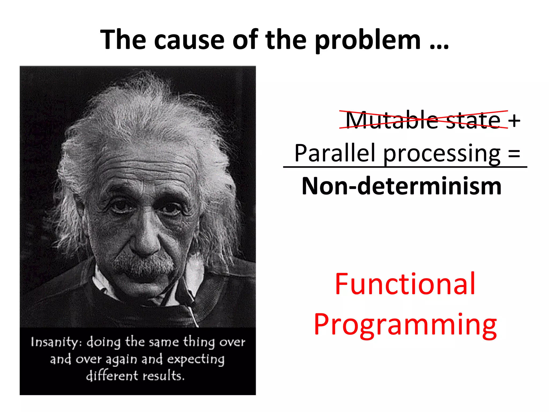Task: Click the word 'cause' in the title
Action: [x=189, y=40]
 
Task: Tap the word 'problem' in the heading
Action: [x=368, y=40]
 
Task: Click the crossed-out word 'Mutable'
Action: [x=391, y=120]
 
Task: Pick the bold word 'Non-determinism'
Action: [x=401, y=186]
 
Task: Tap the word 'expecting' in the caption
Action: [x=196, y=359]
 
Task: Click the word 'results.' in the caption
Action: [x=163, y=376]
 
